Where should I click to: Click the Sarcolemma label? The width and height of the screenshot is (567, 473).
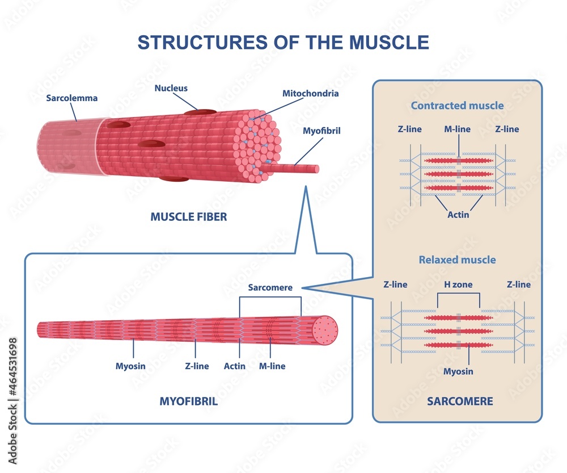point(71,98)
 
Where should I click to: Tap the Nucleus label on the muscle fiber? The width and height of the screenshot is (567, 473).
point(171,88)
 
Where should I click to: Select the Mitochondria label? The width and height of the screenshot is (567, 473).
point(310,93)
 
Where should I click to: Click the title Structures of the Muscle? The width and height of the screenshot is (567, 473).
point(283,43)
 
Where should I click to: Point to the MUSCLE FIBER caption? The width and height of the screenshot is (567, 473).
point(188,217)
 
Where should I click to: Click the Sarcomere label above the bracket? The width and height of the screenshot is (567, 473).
point(270,287)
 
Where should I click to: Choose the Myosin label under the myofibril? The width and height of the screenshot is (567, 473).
point(130,366)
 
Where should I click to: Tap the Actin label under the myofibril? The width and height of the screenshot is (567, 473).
point(235,366)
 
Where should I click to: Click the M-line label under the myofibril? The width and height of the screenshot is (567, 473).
point(272,366)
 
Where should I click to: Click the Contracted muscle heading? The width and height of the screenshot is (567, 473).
point(457,106)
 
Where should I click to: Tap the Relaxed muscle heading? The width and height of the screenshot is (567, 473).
point(457,260)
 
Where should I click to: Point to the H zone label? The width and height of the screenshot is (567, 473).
point(459,284)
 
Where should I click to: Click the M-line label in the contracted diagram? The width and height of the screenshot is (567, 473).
point(457,129)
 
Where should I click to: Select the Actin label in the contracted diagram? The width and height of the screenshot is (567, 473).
point(458,215)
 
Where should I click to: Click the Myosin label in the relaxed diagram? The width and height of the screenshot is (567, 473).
point(458,371)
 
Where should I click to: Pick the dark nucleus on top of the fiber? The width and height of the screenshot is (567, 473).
point(198,112)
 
